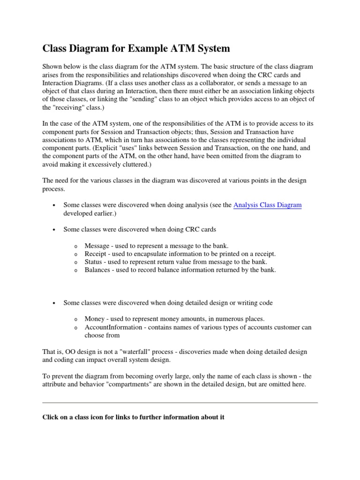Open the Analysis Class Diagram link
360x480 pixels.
click(x=267, y=205)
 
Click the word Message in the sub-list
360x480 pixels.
click(x=97, y=246)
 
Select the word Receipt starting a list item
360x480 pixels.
click(x=96, y=254)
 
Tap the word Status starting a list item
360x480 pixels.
click(x=94, y=262)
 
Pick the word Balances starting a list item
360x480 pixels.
click(x=97, y=270)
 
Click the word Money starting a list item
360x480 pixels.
click(x=95, y=319)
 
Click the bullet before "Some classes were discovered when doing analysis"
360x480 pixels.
click(x=55, y=205)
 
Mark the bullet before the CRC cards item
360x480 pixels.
click(x=55, y=230)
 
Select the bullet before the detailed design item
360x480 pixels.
click(x=55, y=303)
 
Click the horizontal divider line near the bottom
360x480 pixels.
click(x=180, y=402)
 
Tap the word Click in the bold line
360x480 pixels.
click(x=51, y=417)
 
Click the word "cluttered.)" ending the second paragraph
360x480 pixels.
click(x=150, y=165)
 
